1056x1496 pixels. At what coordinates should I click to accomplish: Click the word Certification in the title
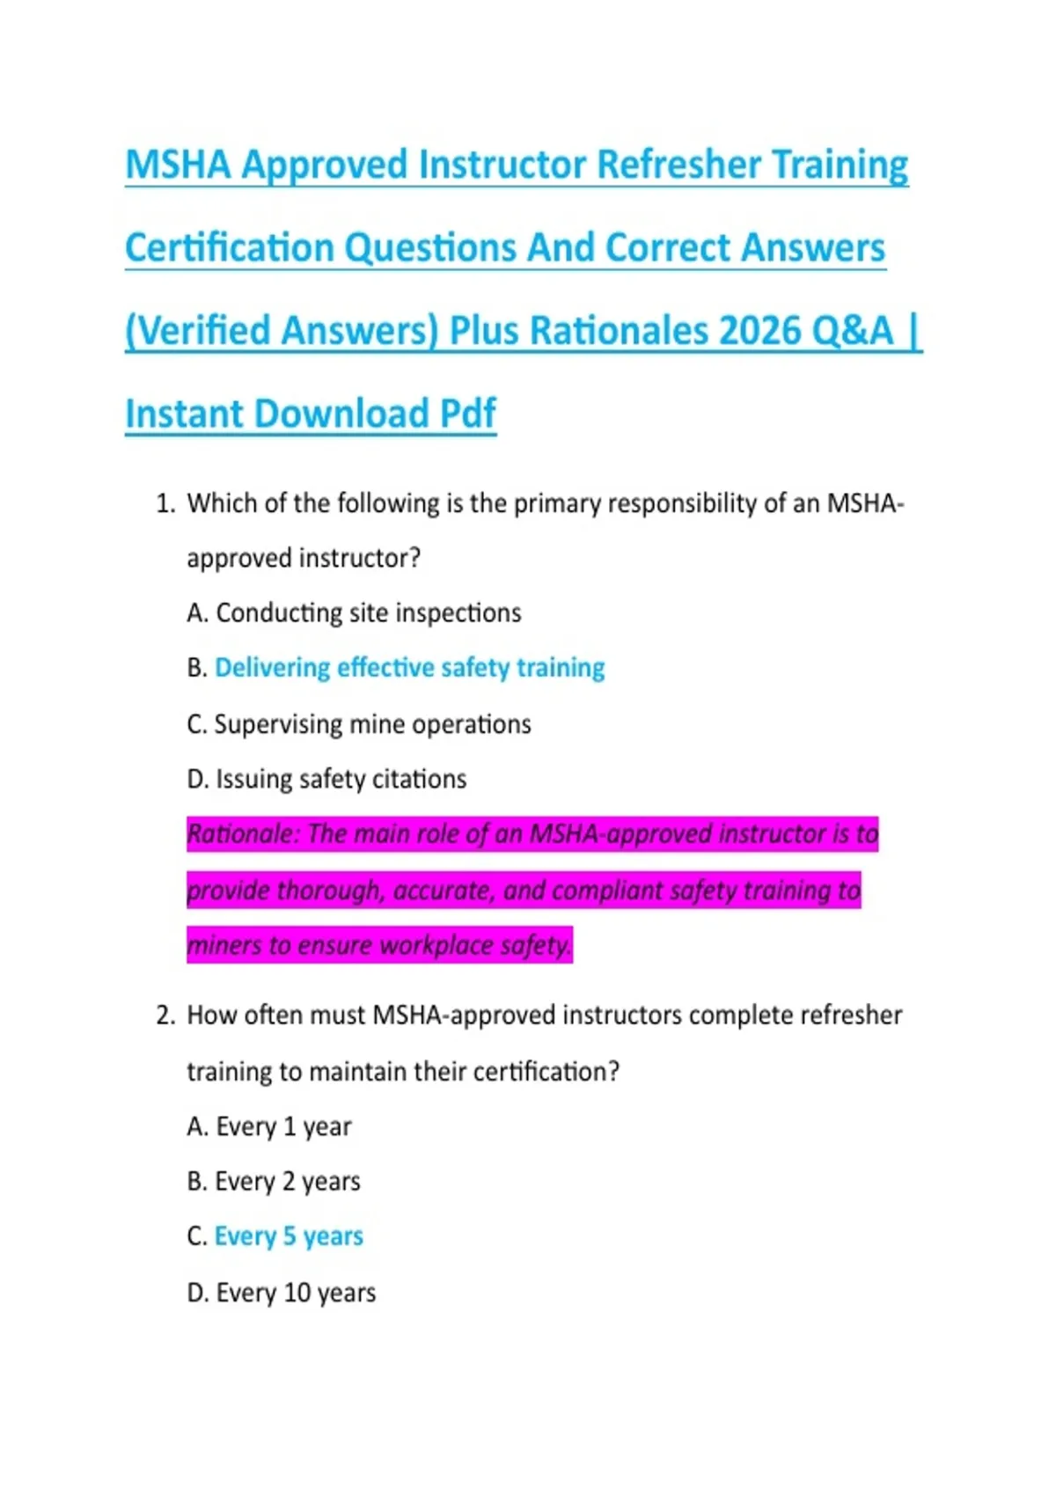pyautogui.click(x=229, y=248)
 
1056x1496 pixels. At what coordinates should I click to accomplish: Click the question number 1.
pyautogui.click(x=165, y=504)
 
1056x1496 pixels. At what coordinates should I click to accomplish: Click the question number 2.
pyautogui.click(x=165, y=1016)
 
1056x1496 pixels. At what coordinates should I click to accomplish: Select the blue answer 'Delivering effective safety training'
pyautogui.click(x=409, y=668)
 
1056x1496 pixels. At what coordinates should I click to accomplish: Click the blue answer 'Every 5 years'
pyautogui.click(x=289, y=1237)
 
